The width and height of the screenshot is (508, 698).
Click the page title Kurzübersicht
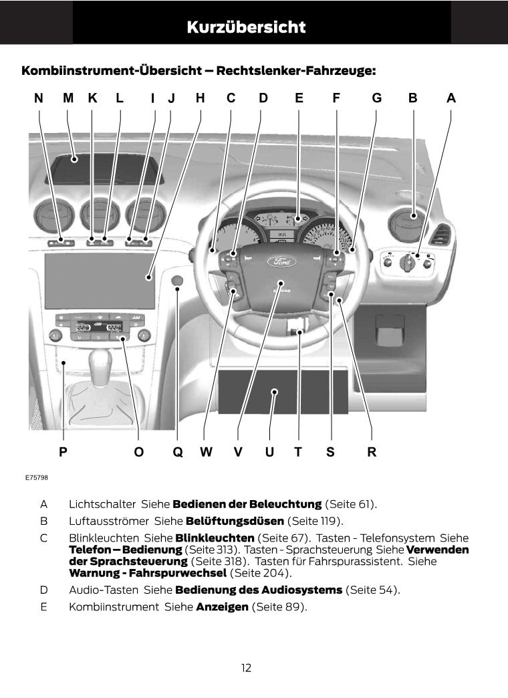[x=246, y=27]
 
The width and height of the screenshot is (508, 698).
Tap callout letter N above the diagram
[x=39, y=98]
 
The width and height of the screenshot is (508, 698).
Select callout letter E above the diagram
[x=299, y=98]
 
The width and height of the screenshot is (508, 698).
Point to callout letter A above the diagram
[x=451, y=98]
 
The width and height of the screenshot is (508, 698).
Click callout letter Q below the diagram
[x=178, y=452]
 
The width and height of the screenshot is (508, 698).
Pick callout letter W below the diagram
[x=206, y=452]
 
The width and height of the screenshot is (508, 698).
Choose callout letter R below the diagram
[x=372, y=452]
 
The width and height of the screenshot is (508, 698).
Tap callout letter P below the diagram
[x=63, y=452]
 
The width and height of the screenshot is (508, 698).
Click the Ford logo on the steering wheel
[x=279, y=262]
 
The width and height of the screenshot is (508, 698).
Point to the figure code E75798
[x=36, y=478]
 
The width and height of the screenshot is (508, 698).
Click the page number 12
[x=247, y=667]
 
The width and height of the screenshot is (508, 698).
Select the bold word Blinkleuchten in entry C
[x=215, y=538]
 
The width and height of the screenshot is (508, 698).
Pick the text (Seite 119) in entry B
[x=314, y=521]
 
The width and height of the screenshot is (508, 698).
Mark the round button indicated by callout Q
[x=177, y=282]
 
